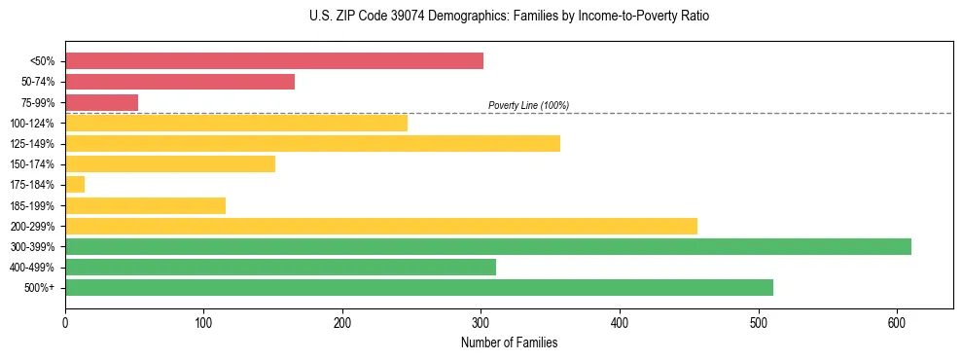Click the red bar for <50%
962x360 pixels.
coord(274,61)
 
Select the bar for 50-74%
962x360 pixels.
coord(180,82)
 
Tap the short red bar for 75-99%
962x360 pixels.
coord(101,102)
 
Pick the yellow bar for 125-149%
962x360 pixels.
coord(312,144)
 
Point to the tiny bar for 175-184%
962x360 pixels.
coord(75,185)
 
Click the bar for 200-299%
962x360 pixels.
coord(381,227)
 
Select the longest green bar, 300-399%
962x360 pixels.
coord(488,247)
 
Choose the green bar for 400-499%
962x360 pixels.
coord(280,268)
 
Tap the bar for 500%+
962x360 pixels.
coord(419,288)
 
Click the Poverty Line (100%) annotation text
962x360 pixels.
coord(528,105)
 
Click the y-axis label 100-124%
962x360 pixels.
coord(33,124)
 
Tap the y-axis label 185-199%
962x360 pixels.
coord(33,206)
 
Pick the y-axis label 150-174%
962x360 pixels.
coord(33,164)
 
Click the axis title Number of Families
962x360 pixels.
coord(509,342)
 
